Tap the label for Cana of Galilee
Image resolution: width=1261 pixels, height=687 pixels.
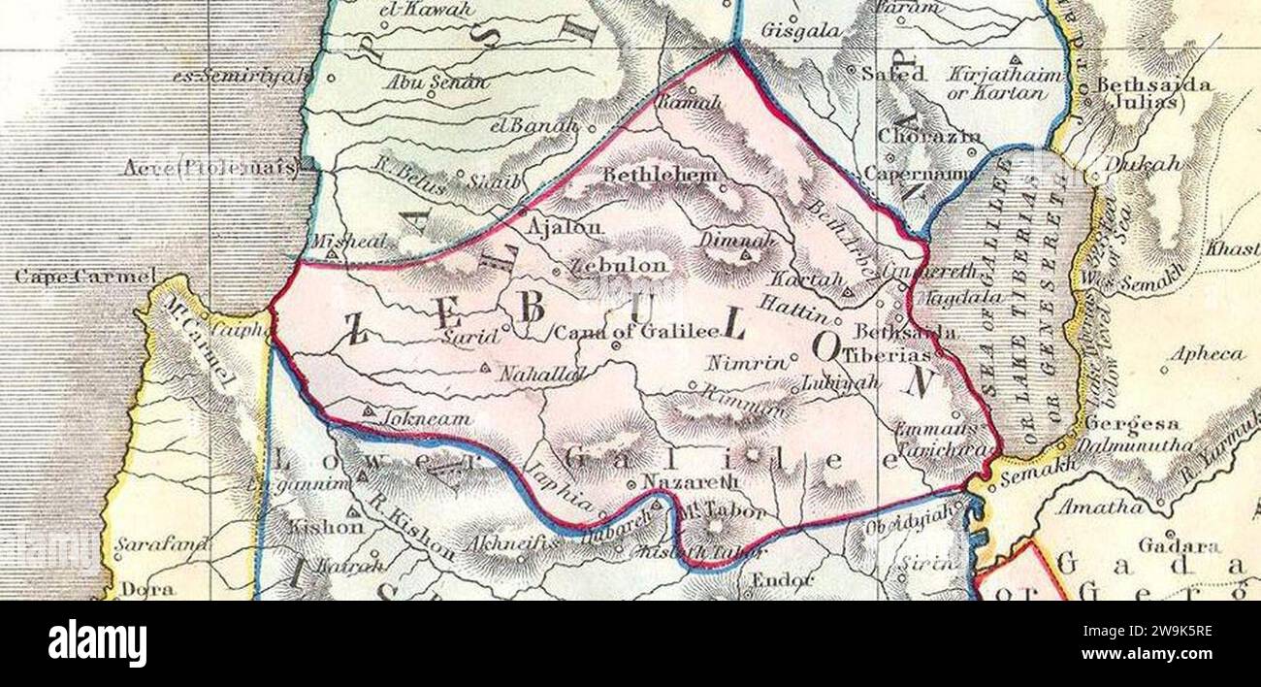pos(635,331)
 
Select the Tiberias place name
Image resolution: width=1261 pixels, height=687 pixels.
pos(886,355)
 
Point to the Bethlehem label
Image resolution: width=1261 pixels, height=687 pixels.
pos(662,176)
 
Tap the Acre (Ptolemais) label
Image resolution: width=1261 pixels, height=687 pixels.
pos(210,168)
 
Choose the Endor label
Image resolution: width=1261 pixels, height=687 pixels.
pos(781,580)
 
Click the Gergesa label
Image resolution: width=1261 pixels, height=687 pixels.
pos(1132,423)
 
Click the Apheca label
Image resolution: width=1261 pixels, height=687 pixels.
pos(1206,354)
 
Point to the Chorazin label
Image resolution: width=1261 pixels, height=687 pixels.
pos(928,137)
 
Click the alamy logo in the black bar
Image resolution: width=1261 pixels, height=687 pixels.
pos(97,643)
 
